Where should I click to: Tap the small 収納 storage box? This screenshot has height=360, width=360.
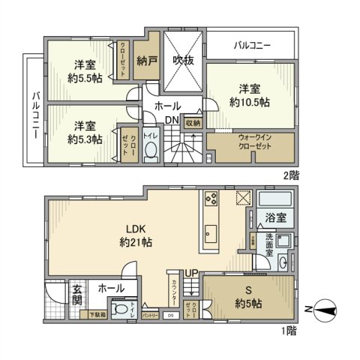coord(193,123)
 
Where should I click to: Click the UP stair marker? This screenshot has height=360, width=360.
coord(193,272)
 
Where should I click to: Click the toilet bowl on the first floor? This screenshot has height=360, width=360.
coord(120,310)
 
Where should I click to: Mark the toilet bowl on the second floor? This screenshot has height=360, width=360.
coord(151,151)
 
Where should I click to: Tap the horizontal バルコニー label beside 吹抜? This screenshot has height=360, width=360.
coord(252,46)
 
